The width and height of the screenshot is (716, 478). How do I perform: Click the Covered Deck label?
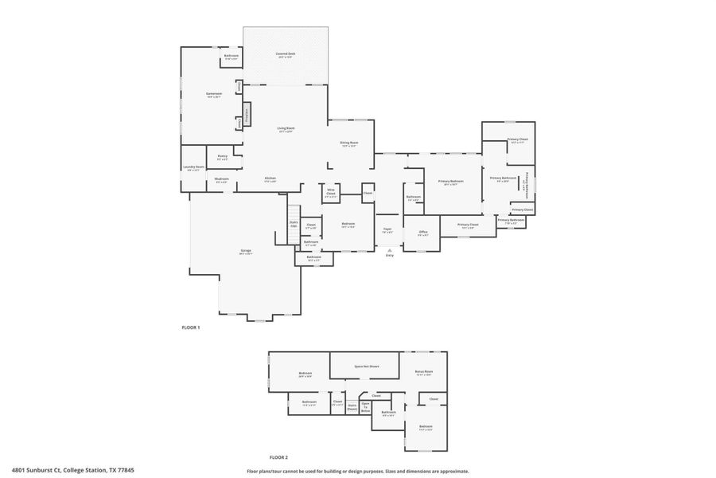pyautogui.click(x=285, y=54)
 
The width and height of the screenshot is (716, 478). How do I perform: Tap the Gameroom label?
pyautogui.click(x=213, y=95)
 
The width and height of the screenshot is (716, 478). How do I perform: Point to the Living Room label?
pyautogui.click(x=285, y=129)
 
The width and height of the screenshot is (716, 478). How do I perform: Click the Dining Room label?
pyautogui.click(x=349, y=144)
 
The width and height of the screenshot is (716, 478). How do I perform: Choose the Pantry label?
pyautogui.click(x=223, y=157)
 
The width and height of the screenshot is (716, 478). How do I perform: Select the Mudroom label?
pyautogui.click(x=222, y=179)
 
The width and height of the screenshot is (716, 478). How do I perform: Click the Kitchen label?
pyautogui.click(x=270, y=179)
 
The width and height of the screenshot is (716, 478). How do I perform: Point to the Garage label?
pyautogui.click(x=246, y=252)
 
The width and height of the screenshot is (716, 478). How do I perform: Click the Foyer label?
pyautogui.click(x=387, y=230)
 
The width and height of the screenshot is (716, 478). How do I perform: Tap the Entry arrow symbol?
pyautogui.click(x=390, y=249)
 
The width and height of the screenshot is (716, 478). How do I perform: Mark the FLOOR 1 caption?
pyautogui.click(x=190, y=327)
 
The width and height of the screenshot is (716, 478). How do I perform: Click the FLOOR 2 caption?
pyautogui.click(x=278, y=457)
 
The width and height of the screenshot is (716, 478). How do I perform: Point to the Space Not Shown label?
pyautogui.click(x=366, y=366)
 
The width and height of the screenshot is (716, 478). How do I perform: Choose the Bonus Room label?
pyautogui.click(x=424, y=372)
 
